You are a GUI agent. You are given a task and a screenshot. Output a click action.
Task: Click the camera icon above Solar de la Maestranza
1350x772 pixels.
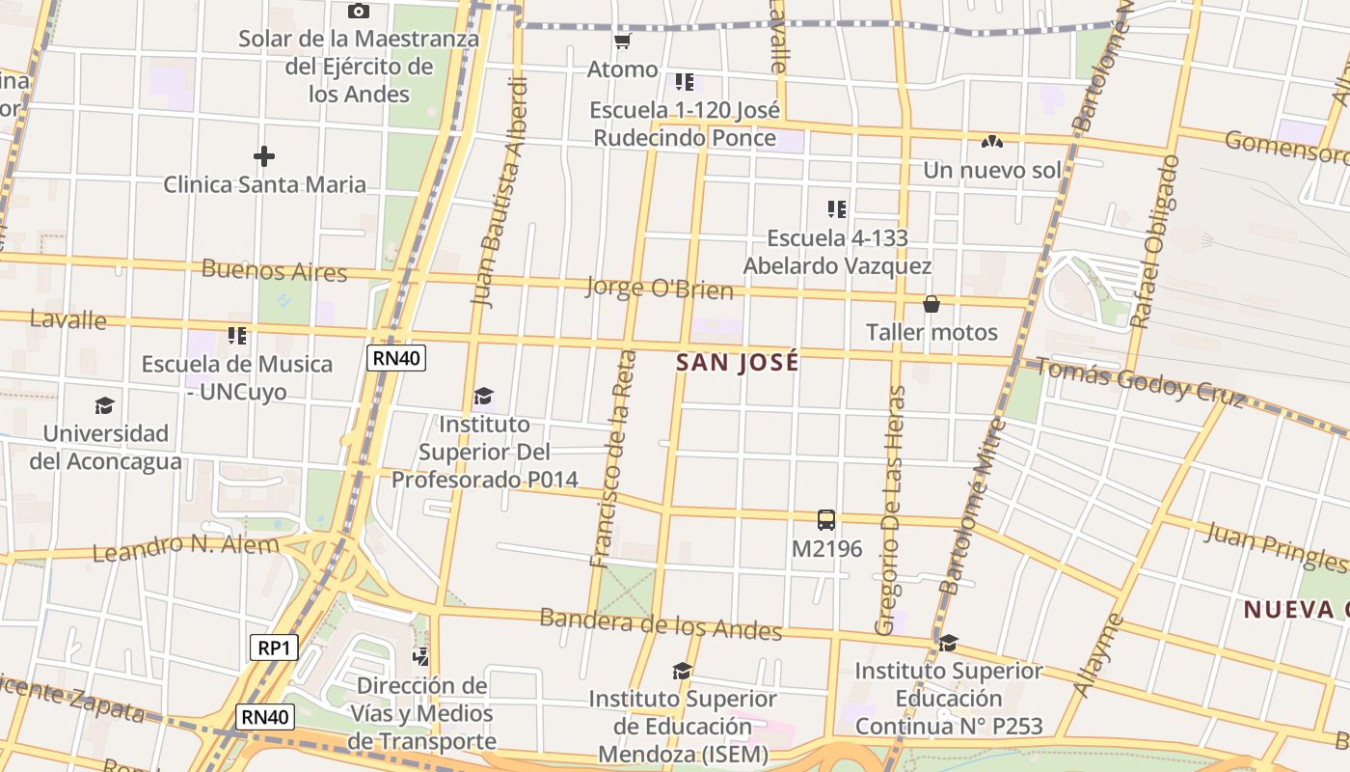pos(359,11)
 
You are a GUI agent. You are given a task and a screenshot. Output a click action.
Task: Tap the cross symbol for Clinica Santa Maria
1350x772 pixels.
pos(264,155)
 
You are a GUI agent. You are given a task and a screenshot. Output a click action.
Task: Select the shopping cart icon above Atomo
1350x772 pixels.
pos(622,41)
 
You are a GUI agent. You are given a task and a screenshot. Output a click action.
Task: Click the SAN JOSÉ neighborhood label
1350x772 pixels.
pos(738,363)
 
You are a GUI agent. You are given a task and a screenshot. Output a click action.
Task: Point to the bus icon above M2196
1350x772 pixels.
pos(826,520)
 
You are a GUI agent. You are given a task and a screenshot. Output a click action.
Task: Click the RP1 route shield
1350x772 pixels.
pos(274,648)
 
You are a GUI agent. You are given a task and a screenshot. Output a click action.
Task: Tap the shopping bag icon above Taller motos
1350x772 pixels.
pos(931,304)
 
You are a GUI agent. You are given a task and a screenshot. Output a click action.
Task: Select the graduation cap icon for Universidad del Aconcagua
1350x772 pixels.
pos(104,405)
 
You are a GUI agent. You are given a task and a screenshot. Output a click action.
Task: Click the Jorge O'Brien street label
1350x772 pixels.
pos(659,288)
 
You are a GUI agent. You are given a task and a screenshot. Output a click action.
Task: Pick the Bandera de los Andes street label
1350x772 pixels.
pos(661,623)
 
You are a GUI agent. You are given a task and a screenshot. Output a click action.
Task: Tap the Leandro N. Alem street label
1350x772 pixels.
pos(185,547)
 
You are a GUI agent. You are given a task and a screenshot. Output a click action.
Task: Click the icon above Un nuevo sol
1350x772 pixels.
pos(991,142)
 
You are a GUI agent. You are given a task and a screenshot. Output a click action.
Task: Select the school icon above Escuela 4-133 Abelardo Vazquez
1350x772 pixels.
pos(837,208)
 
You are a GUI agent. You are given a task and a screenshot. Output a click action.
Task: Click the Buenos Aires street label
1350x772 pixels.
pos(274,270)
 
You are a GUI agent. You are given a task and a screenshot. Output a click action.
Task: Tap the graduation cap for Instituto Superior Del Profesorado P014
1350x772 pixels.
pos(483,396)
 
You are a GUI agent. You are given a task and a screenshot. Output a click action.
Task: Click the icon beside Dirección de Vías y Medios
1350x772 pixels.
pos(421,657)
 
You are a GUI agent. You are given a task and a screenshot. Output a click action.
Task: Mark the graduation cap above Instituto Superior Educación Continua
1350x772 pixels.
pos(949,642)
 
